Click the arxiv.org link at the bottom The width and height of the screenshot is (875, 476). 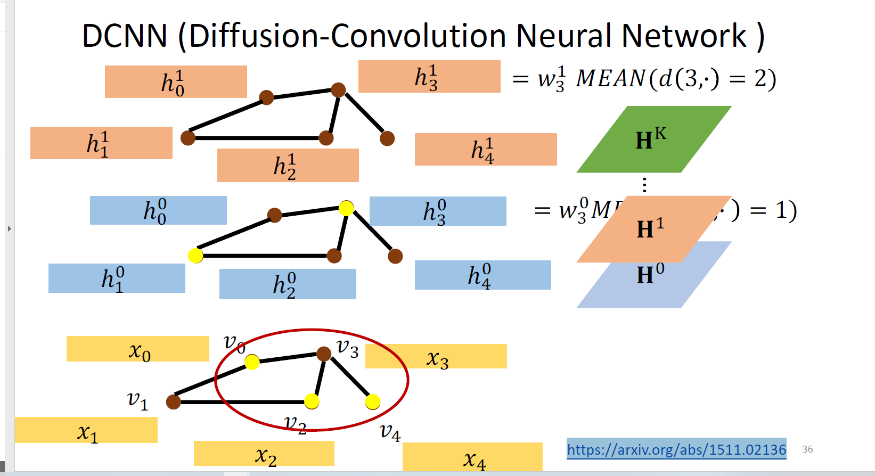pyautogui.click(x=676, y=450)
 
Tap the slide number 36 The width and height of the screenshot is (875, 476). pyautogui.click(x=807, y=449)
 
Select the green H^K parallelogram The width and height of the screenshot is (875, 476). pyautogui.click(x=653, y=139)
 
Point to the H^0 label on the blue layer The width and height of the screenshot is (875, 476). pyautogui.click(x=650, y=275)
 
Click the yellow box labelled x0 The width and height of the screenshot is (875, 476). pyautogui.click(x=137, y=349)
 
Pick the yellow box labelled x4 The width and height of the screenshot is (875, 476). pyautogui.click(x=472, y=457)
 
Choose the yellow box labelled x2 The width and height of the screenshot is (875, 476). pyautogui.click(x=264, y=454)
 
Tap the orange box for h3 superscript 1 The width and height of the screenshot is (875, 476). pyautogui.click(x=429, y=77)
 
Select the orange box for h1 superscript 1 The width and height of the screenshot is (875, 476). pyautogui.click(x=101, y=143)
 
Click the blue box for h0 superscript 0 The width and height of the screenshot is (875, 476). pyautogui.click(x=158, y=210)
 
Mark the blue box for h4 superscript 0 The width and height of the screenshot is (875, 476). pyautogui.click(x=483, y=275)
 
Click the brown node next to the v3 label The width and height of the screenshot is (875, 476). pyautogui.click(x=324, y=354)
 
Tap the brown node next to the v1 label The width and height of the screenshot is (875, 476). pyautogui.click(x=174, y=402)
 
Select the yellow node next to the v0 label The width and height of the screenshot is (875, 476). pyautogui.click(x=252, y=363)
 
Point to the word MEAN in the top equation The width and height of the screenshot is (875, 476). pyautogui.click(x=611, y=79)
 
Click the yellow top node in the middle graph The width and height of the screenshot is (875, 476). pyautogui.click(x=346, y=208)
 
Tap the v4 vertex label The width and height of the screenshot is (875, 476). pyautogui.click(x=390, y=432)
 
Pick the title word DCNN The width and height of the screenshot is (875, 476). pyautogui.click(x=125, y=36)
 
